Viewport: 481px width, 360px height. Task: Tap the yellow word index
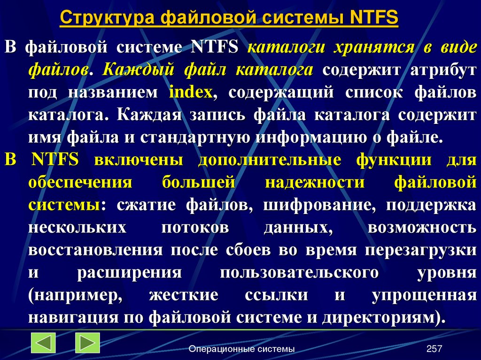(191, 92)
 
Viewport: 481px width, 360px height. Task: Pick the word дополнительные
(269, 160)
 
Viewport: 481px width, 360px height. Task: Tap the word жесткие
(184, 295)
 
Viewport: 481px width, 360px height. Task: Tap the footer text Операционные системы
(241, 349)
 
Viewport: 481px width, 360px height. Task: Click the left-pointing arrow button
(43, 343)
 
